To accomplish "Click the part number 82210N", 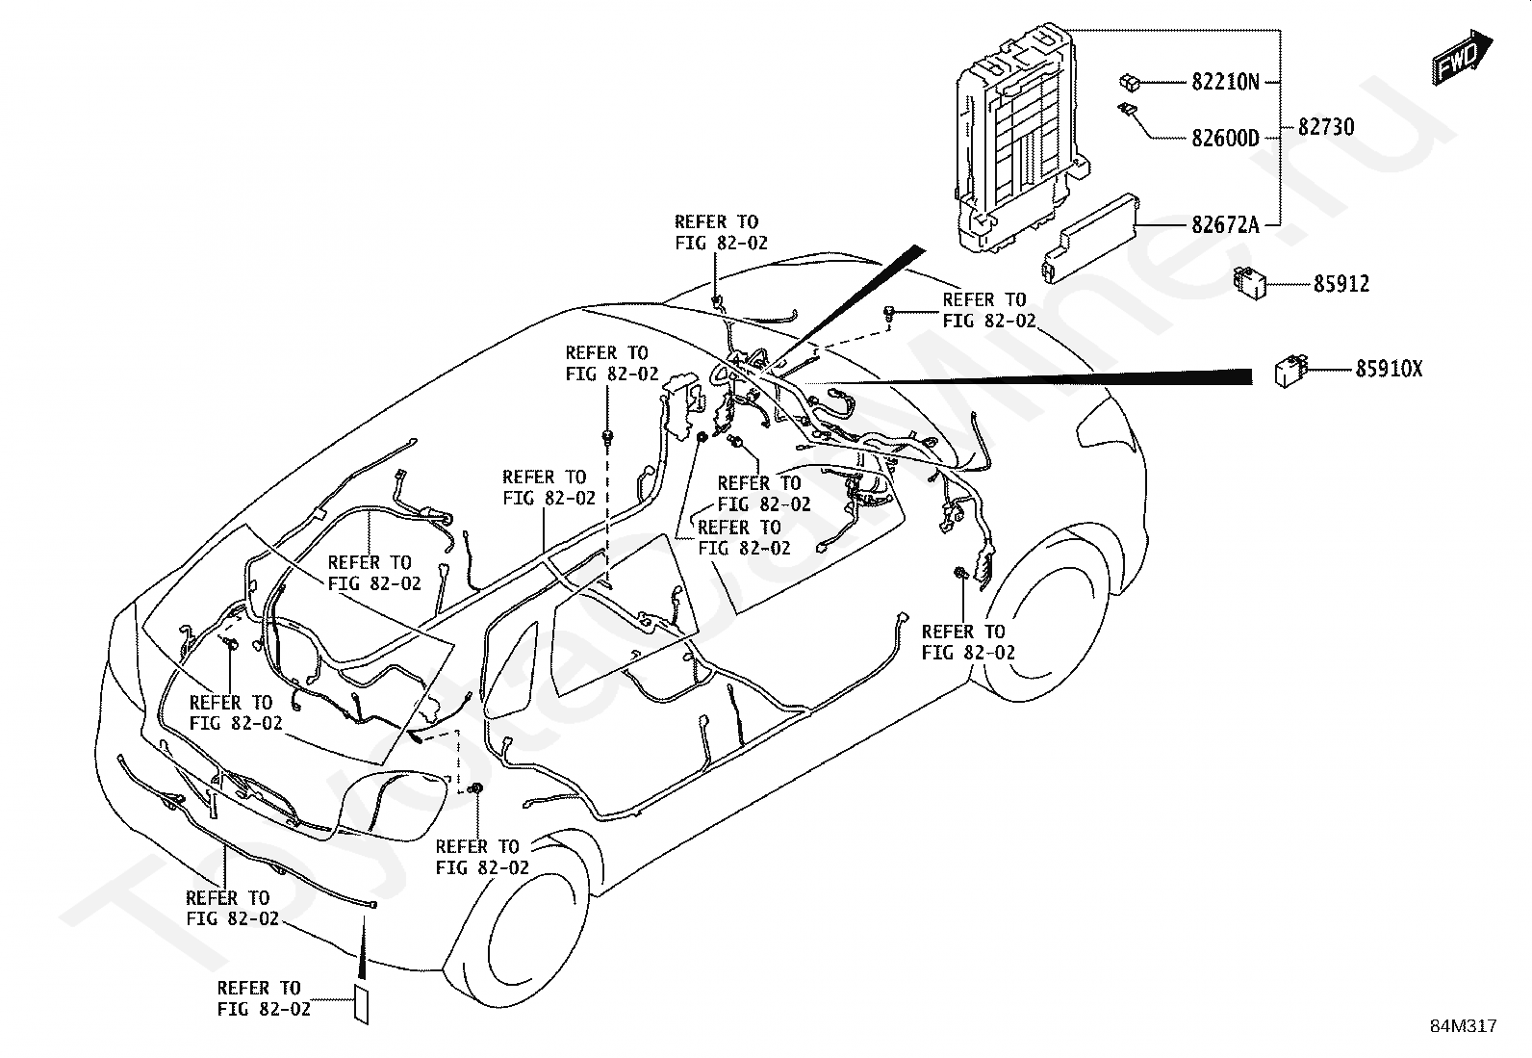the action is point(1225,82).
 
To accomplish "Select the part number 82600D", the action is point(1225,139).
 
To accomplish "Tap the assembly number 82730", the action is point(1326,127).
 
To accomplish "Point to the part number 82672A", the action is point(1225,225).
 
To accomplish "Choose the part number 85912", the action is point(1341,284).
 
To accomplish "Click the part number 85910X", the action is point(1389,370).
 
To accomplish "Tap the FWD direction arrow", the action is point(1462,58).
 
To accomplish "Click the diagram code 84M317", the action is point(1463,1026).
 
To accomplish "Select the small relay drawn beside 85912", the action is point(1249,283).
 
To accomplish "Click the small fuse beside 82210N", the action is point(1130,83).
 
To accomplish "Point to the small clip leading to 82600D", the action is point(1127,108).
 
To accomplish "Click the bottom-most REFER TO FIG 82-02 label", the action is point(264,998).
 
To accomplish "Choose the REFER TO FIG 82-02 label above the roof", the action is point(721,233).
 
